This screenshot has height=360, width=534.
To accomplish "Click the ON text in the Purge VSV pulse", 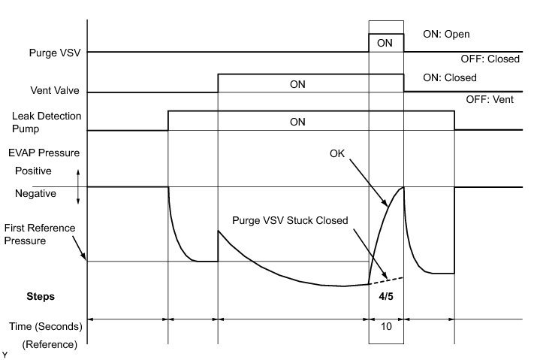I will pos(385,44).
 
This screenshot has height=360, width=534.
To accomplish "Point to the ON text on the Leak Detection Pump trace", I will pos(297,121).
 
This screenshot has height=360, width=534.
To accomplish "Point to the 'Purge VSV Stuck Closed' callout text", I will pos(289,222).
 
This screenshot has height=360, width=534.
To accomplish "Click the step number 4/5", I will pos(385,296).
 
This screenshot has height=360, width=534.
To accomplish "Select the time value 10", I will pos(385,328).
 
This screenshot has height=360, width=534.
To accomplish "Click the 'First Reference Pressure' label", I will pos(34,234).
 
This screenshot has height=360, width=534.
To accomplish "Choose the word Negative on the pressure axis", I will pos(35,193).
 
